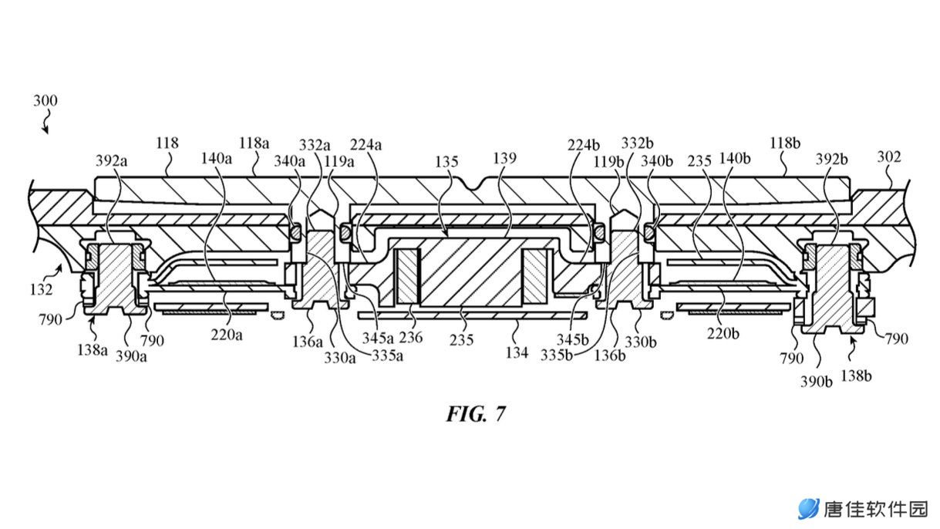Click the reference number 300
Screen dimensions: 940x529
tap(45, 101)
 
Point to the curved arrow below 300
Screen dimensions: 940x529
tap(45, 122)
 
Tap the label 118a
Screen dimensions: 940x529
tap(254, 143)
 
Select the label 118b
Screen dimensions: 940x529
tap(785, 143)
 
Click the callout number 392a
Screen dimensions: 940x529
tap(111, 160)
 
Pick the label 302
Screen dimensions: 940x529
tap(889, 157)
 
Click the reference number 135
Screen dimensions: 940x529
tap(446, 161)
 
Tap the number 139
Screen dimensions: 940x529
tap(504, 158)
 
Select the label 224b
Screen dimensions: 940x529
tap(584, 145)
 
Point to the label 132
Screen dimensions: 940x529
tap(41, 289)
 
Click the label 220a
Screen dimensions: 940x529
tap(227, 335)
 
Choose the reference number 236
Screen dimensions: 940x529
tap(411, 337)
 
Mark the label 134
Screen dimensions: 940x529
tap(517, 352)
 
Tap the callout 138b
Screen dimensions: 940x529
tap(856, 376)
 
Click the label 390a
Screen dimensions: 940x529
tap(131, 356)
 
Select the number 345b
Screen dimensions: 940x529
tap(573, 339)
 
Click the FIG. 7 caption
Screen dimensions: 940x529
tap(476, 414)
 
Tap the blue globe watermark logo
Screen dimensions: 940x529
tap(809, 509)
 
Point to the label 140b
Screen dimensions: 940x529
tap(735, 159)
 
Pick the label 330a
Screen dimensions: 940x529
tap(340, 358)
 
